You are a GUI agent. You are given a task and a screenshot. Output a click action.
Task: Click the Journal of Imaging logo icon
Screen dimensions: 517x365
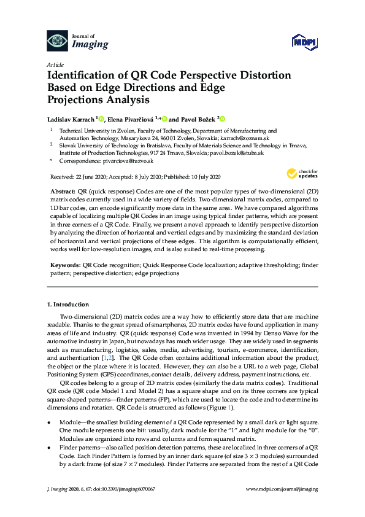pos(58,41)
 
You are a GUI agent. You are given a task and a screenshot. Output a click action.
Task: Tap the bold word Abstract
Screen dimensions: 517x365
pos(62,192)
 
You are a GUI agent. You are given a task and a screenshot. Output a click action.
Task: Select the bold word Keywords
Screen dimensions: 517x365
pos(64,265)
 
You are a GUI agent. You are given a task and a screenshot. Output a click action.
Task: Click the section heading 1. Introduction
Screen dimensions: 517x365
pos(68,304)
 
